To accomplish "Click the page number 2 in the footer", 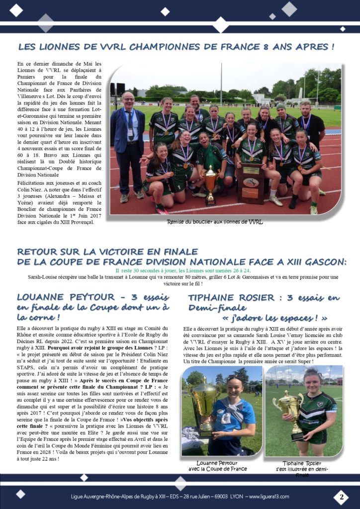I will point(341,497).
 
